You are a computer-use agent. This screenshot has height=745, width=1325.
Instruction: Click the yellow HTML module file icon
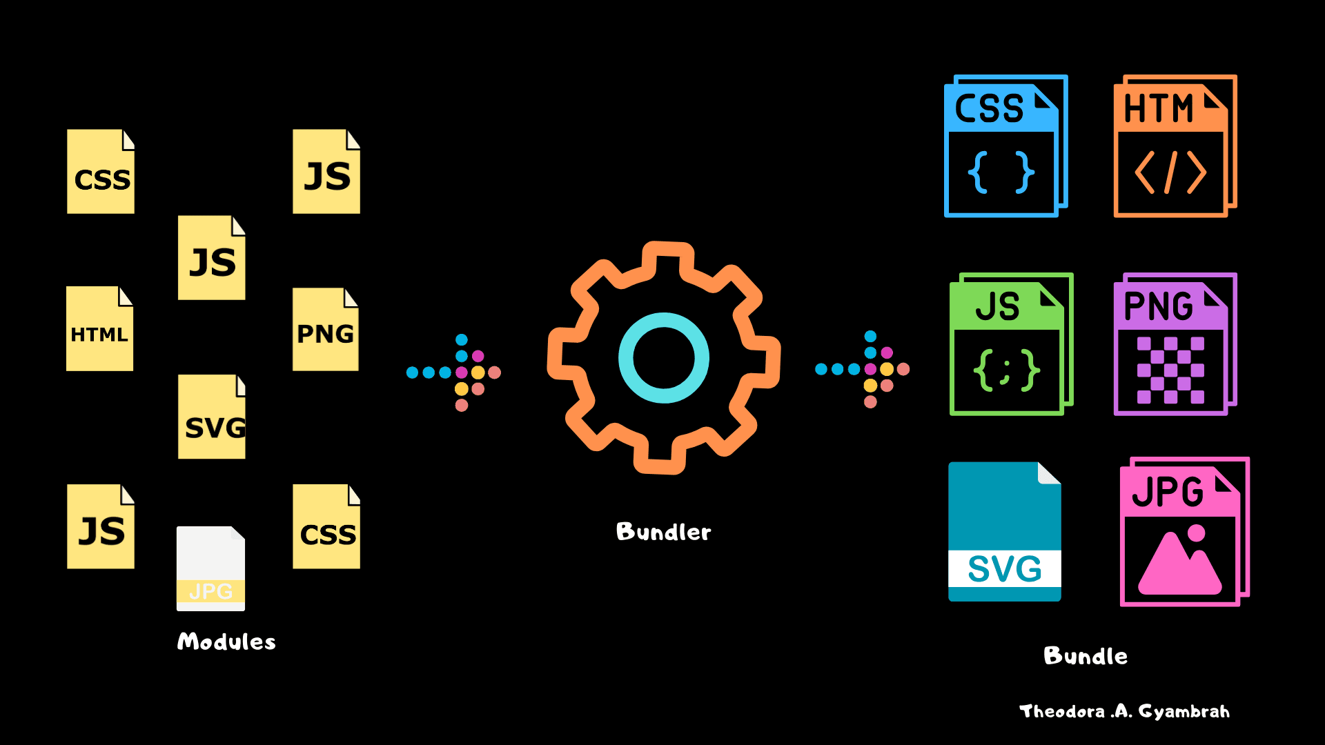[99, 329]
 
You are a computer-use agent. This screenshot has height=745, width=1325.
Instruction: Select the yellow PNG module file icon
[325, 330]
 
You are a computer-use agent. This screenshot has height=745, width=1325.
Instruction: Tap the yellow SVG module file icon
[212, 417]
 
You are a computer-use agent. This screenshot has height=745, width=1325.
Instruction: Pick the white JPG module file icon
[210, 568]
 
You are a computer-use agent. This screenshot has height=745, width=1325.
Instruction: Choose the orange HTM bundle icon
[1174, 146]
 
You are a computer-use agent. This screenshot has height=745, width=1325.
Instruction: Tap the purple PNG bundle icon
[1174, 344]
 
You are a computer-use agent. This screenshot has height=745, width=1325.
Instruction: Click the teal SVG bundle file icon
[1004, 532]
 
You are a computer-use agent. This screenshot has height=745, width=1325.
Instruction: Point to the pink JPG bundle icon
[1183, 532]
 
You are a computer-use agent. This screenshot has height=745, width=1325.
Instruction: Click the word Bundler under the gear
[663, 532]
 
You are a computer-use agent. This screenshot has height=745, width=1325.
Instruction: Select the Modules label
[226, 642]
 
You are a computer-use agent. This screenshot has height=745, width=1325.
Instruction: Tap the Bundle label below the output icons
[1086, 655]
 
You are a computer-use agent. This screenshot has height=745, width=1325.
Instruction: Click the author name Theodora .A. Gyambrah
[1124, 711]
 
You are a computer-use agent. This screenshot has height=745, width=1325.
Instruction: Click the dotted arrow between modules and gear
[454, 372]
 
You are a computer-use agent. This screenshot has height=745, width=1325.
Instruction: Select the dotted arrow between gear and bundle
[863, 369]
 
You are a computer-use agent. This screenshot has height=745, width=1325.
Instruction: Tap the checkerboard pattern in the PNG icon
[1170, 370]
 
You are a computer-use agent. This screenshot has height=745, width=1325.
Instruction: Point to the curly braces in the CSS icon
[1001, 172]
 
